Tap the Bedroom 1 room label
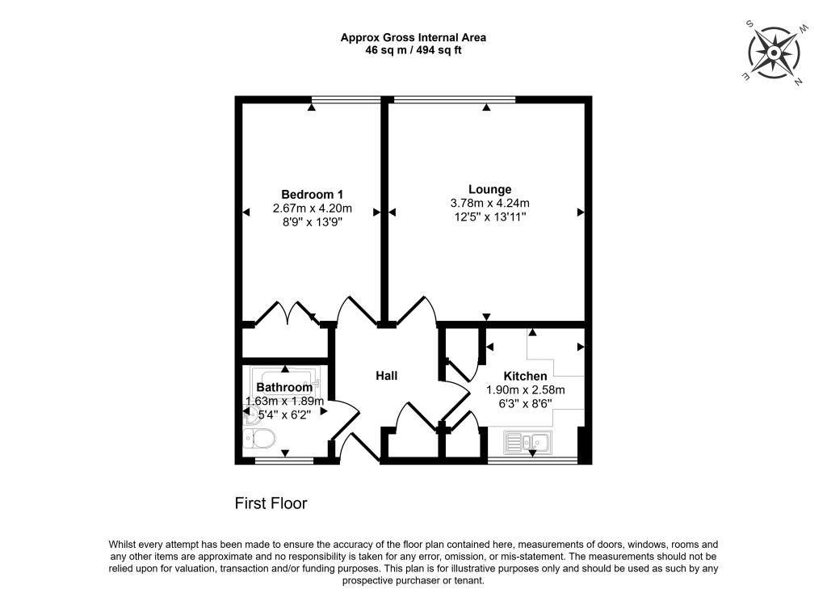click(313, 194)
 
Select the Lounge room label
click(489, 189)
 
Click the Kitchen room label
click(525, 376)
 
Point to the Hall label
click(386, 376)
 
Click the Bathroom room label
click(284, 388)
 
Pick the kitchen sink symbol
click(527, 441)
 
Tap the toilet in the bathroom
click(260, 439)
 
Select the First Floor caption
click(271, 503)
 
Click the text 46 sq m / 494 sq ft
click(413, 50)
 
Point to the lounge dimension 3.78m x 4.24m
click(489, 203)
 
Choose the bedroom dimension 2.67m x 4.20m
click(313, 208)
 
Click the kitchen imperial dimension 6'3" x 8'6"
click(525, 403)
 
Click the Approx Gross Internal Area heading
click(413, 37)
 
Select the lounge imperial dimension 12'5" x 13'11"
click(489, 217)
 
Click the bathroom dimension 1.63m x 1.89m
click(284, 401)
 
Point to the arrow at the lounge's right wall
click(581, 213)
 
